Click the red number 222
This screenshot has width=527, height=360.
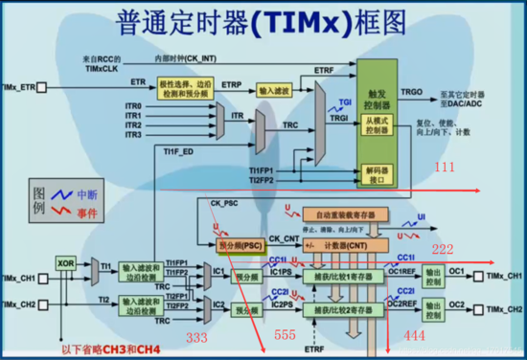click(441, 249)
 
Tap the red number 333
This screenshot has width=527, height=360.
click(197, 338)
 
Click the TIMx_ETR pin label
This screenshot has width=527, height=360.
click(19, 86)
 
